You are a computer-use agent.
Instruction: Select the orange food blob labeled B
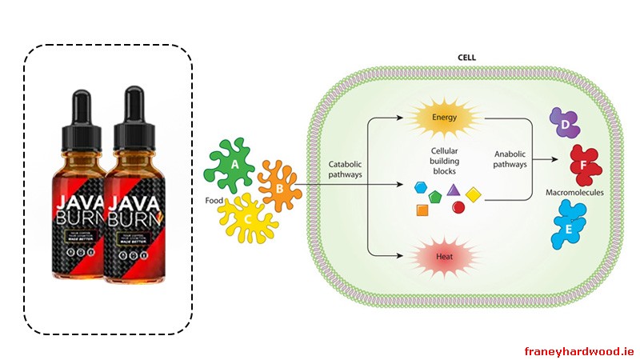279,189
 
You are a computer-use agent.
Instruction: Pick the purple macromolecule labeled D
564,126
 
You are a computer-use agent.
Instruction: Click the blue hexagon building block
420,188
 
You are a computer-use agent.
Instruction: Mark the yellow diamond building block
473,194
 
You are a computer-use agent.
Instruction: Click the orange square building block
422,210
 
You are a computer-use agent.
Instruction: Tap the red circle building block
458,208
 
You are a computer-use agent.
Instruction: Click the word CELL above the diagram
466,58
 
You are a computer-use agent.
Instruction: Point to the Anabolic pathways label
510,159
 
